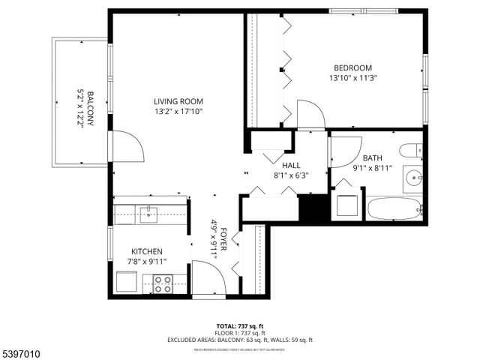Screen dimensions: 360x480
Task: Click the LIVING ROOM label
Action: point(178,101)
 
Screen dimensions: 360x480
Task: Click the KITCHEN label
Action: point(147,251)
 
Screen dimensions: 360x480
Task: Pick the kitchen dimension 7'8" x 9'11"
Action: point(147,261)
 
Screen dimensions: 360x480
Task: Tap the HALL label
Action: point(292,165)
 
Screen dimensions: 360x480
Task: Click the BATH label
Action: point(372,158)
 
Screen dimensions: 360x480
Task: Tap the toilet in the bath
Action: point(411,151)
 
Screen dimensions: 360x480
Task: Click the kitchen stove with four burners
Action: point(163,283)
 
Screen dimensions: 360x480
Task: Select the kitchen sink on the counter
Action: point(148,213)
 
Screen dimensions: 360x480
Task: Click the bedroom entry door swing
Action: point(310,116)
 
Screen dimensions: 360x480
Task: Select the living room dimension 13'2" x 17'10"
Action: point(178,112)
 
